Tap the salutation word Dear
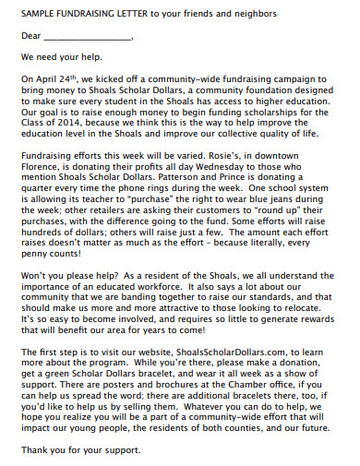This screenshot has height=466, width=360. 30,39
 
